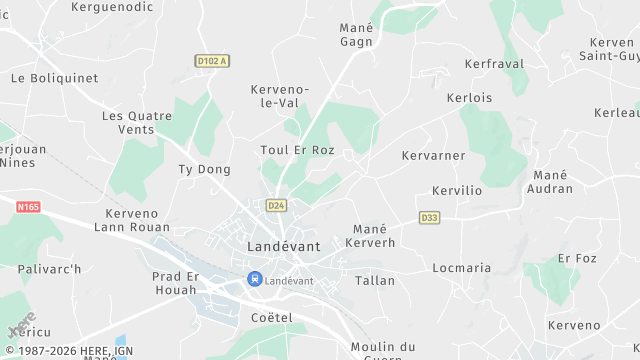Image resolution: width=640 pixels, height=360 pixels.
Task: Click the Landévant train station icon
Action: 255,280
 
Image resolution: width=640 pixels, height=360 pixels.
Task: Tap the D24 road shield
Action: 276,205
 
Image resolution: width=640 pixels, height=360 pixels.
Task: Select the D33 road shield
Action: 429,217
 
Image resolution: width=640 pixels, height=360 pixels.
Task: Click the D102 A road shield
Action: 212,61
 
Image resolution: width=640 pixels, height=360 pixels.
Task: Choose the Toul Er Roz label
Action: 297,151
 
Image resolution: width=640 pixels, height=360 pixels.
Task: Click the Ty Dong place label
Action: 204,170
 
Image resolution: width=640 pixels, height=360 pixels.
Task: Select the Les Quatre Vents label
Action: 142,123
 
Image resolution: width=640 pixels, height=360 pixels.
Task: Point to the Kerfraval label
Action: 494,63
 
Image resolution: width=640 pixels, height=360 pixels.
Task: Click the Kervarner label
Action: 433,156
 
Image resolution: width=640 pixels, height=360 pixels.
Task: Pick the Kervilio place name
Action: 457,190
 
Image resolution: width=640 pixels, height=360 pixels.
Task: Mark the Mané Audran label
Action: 550,182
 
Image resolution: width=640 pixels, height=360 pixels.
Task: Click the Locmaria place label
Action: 462,268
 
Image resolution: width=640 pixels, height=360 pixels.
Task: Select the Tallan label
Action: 375,281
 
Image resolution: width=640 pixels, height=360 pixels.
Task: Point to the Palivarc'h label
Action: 49,269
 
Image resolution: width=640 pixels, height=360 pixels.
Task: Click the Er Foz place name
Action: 577,258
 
